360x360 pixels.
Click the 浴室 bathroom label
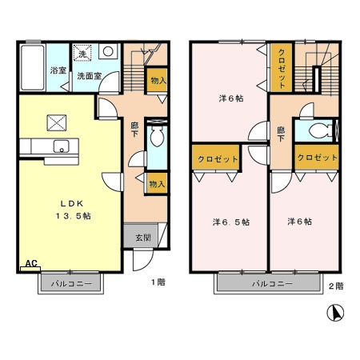(58, 71)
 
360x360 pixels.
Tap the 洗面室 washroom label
(89, 76)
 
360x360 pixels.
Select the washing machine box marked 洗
(81, 54)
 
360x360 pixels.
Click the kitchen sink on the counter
(59, 146)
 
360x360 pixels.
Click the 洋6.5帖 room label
(230, 222)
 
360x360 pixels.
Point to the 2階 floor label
(335, 286)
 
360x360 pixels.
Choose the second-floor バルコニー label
(270, 284)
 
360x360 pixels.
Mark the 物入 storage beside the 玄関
(157, 184)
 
